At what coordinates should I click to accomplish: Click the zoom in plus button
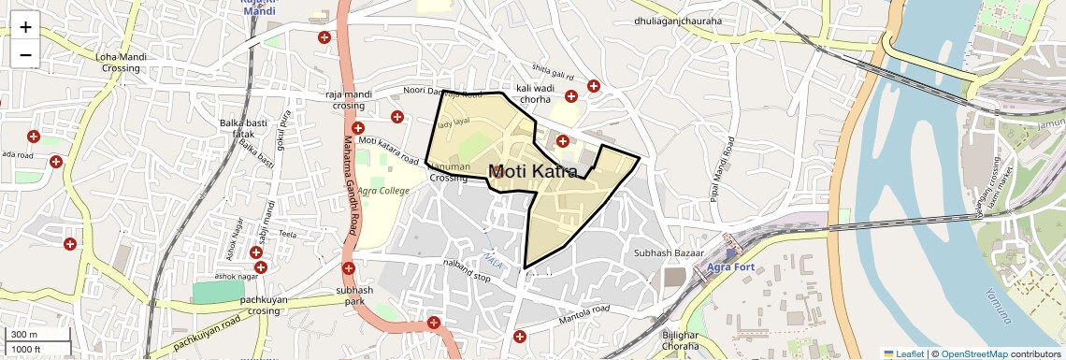point(25,27)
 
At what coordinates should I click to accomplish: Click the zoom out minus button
point(25,55)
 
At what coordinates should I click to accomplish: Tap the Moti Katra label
point(533,171)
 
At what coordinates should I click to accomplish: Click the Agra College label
point(383,191)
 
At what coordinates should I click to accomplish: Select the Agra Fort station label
point(730,267)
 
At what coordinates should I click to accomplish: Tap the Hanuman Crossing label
point(449,172)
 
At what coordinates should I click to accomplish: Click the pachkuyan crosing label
point(260,306)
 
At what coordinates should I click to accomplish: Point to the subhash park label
point(354,296)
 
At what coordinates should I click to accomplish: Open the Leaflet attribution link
point(903,353)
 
